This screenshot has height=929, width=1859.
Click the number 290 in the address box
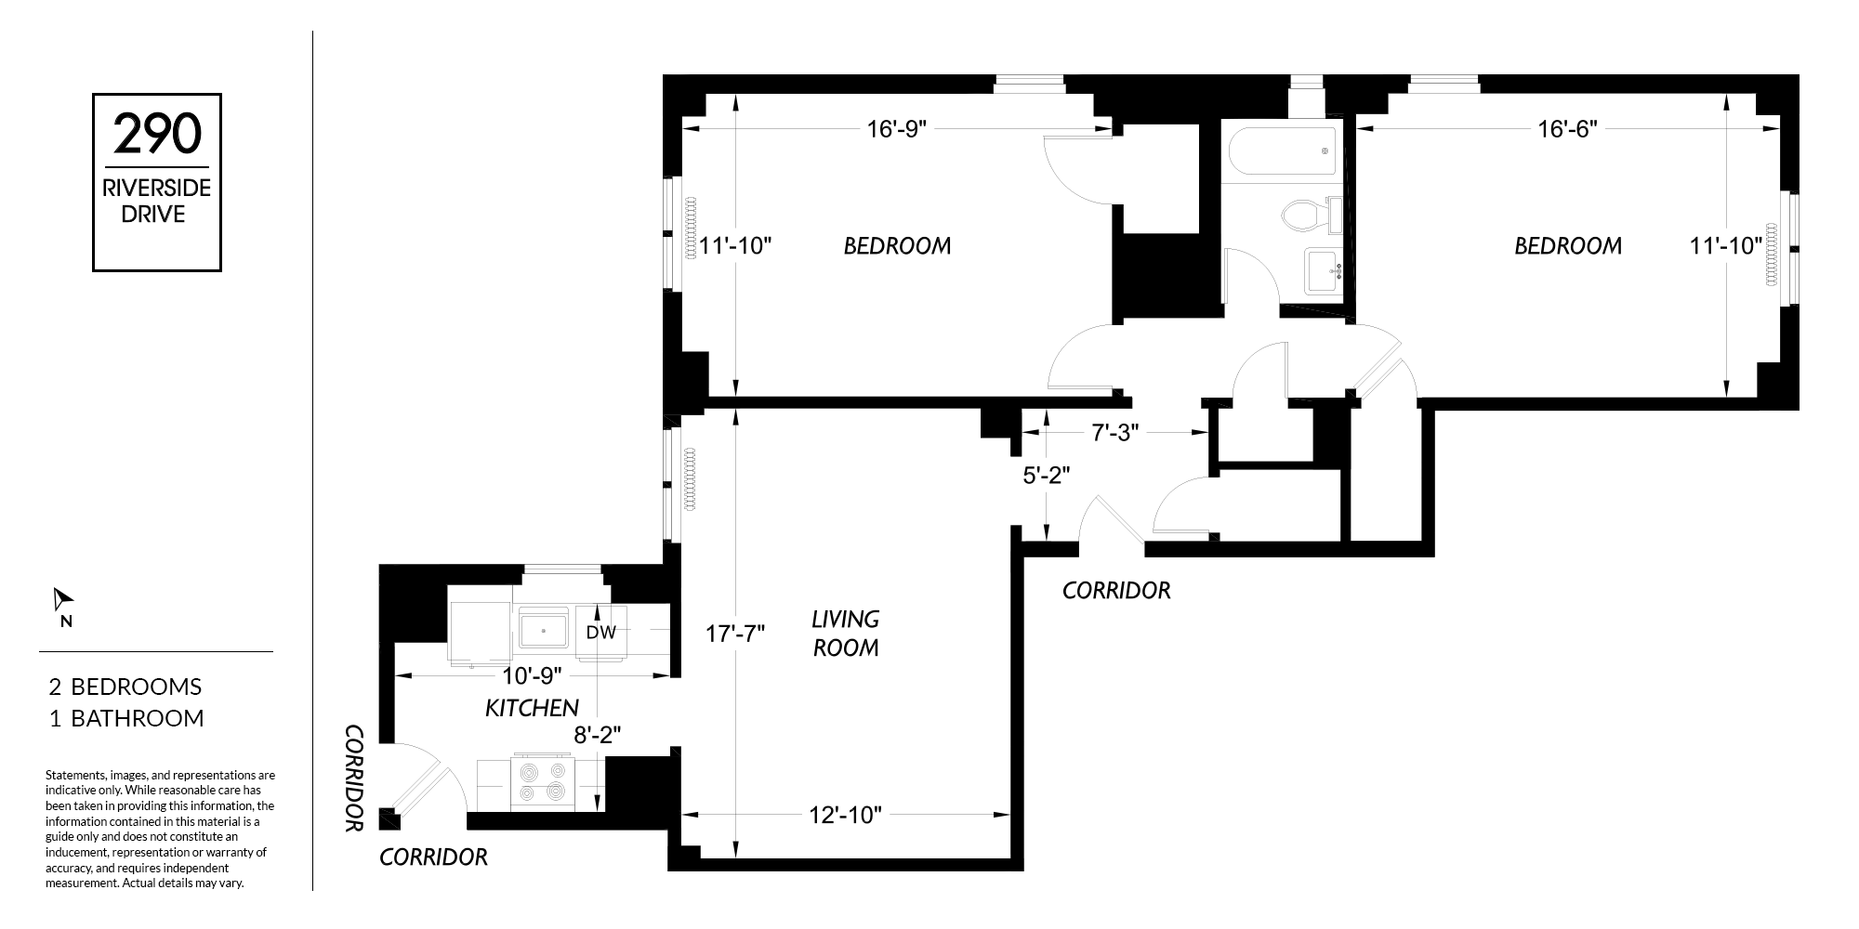click(x=157, y=134)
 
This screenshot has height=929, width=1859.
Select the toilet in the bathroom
click(x=1311, y=216)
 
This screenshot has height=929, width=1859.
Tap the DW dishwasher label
click(x=601, y=633)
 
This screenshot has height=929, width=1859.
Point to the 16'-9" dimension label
click(x=897, y=129)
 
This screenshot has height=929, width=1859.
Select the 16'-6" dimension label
click(x=1567, y=129)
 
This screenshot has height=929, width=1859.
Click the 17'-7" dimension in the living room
click(x=734, y=634)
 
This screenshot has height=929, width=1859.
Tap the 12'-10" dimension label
click(x=845, y=816)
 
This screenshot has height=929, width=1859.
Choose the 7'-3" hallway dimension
click(x=1114, y=433)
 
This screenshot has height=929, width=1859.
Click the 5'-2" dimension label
click(x=1047, y=475)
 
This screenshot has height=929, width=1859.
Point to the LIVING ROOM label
click(x=846, y=633)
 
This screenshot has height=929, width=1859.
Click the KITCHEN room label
click(x=532, y=708)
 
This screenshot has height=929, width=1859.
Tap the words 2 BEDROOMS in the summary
click(x=125, y=687)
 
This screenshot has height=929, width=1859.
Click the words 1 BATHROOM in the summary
click(x=126, y=718)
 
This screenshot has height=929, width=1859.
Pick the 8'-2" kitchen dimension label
click(x=597, y=735)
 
